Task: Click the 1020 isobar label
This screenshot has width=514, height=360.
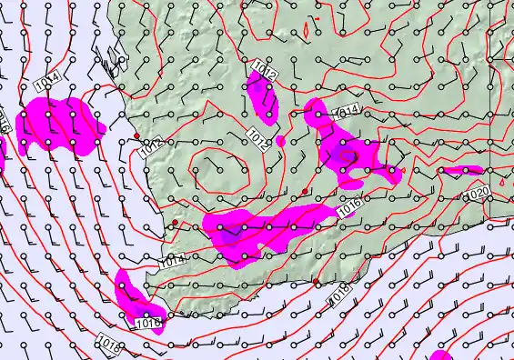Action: coord(478,195)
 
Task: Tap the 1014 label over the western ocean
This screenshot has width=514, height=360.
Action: coord(47,80)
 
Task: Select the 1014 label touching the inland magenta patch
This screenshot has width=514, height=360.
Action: coord(348,111)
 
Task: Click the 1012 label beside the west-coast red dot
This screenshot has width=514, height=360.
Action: coord(153,145)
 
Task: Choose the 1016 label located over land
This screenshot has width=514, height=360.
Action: coord(350,205)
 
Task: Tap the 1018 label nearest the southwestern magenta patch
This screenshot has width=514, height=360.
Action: coord(108,344)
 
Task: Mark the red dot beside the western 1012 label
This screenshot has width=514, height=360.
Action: coord(136,135)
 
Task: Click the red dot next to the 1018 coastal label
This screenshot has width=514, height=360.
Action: coord(317,282)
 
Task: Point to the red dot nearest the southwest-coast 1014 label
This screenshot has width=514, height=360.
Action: coord(176,222)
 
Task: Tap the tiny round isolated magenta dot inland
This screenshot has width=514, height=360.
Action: coord(280,141)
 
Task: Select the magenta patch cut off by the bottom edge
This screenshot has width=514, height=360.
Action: coord(441,355)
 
